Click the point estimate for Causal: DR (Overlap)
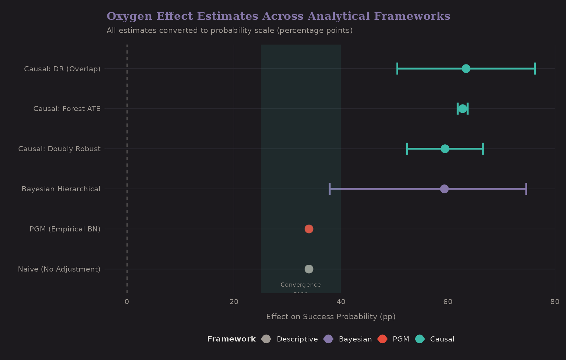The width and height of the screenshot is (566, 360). pyautogui.click(x=465, y=69)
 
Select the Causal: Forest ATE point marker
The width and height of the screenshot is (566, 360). pyautogui.click(x=462, y=109)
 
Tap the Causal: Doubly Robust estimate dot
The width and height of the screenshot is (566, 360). pyautogui.click(x=445, y=149)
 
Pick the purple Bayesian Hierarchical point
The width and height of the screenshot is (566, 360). pyautogui.click(x=444, y=189)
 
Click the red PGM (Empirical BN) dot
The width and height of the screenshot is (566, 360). pyautogui.click(x=309, y=229)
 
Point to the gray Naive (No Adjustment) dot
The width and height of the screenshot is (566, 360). pyautogui.click(x=309, y=269)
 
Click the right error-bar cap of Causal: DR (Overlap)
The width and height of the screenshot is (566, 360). pyautogui.click(x=535, y=69)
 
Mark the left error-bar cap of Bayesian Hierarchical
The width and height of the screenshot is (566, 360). pyautogui.click(x=330, y=189)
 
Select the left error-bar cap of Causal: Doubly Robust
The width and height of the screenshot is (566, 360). pyautogui.click(x=407, y=149)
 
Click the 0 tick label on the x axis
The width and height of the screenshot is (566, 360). pyautogui.click(x=127, y=302)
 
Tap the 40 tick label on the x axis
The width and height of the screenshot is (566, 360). pyautogui.click(x=341, y=302)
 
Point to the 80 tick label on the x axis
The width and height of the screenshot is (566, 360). pyautogui.click(x=554, y=302)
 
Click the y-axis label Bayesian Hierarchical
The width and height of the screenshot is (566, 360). pyautogui.click(x=61, y=189)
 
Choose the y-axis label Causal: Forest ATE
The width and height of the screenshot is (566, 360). pyautogui.click(x=67, y=109)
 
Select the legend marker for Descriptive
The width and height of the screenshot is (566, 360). pyautogui.click(x=266, y=339)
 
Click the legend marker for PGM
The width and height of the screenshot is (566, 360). pyautogui.click(x=382, y=339)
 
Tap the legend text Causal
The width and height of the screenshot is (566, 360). pyautogui.click(x=442, y=339)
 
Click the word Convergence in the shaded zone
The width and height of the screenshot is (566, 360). pyautogui.click(x=300, y=285)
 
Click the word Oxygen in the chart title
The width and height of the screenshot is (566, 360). pyautogui.click(x=129, y=16)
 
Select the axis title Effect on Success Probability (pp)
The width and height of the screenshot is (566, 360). pyautogui.click(x=331, y=317)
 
